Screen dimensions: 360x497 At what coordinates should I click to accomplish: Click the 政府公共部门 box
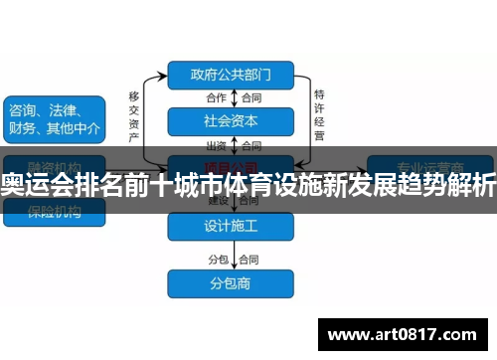(x=230, y=74)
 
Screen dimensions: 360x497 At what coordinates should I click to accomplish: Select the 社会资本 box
(x=230, y=121)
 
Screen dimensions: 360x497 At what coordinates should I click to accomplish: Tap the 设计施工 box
(x=230, y=226)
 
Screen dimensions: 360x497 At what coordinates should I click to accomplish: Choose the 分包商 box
(x=230, y=281)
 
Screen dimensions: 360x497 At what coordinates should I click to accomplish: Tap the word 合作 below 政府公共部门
(x=216, y=97)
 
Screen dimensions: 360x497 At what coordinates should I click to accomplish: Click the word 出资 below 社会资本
(x=216, y=145)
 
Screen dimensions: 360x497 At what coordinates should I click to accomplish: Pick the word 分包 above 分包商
(x=216, y=259)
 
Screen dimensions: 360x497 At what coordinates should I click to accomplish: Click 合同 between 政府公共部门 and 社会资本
(x=249, y=97)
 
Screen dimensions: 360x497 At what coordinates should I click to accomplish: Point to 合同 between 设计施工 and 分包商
(x=249, y=259)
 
